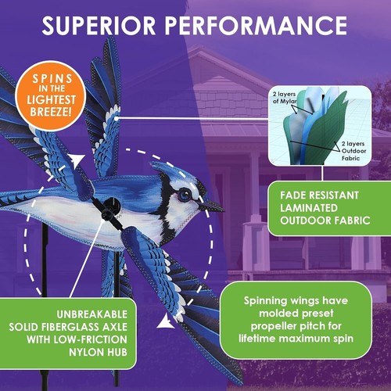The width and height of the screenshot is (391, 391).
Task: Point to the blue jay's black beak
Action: pos(213,206)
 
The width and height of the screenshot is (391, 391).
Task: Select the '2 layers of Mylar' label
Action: pos(286,97)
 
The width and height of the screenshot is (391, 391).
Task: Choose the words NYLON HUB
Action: pos(84,355)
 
